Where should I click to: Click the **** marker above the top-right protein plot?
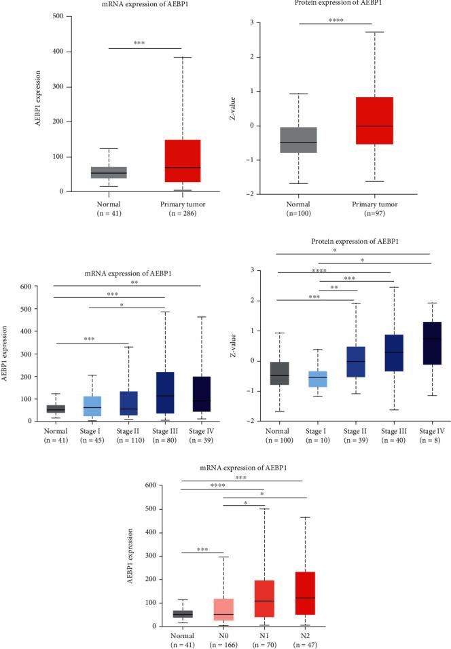click(335, 20)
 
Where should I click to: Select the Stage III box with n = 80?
click(164, 392)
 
